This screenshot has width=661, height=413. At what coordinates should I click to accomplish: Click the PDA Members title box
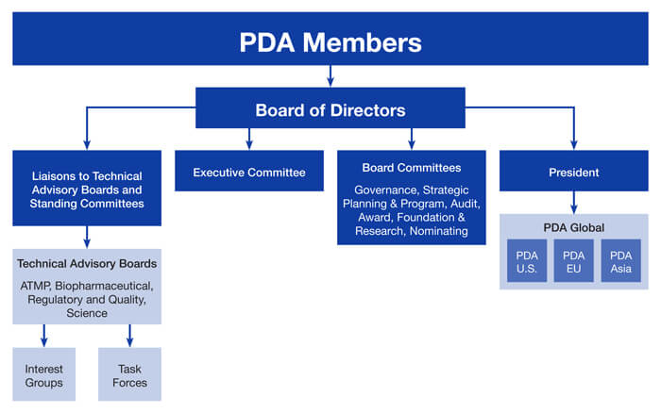pos(330,42)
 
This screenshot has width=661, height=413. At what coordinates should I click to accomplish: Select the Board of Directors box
pos(330,109)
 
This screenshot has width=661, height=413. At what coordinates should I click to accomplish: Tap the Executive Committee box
pos(249,173)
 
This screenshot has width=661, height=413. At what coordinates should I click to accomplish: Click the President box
pos(574,173)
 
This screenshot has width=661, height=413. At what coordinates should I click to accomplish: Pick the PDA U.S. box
pos(525,261)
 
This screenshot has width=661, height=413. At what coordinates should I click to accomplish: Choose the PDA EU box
pos(573,261)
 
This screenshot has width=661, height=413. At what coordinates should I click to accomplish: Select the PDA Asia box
pos(620,261)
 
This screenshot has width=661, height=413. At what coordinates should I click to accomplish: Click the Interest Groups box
pos(44,375)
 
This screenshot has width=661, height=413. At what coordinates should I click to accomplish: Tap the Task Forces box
pos(129,375)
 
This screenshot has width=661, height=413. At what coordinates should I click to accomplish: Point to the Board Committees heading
pos(411,168)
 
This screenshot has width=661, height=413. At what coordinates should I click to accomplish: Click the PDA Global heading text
pos(573,227)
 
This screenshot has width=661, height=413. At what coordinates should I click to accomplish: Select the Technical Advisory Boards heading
pos(87,263)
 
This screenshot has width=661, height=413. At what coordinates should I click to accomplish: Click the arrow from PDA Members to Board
pos(330,75)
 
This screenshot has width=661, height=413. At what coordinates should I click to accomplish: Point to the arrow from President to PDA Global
pos(574,202)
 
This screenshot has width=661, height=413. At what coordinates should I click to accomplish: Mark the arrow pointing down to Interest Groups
pos(44,335)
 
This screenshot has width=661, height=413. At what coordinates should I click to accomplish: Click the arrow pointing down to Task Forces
pos(129,335)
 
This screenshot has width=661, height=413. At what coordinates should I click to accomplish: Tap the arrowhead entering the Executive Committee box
pos(249,144)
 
